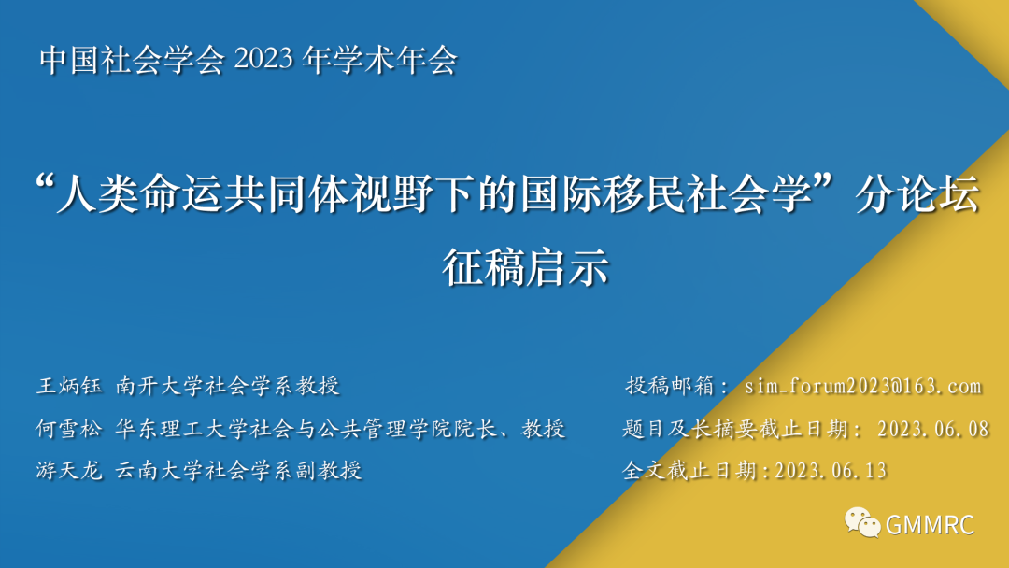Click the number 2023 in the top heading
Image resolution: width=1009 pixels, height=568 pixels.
pos(263,60)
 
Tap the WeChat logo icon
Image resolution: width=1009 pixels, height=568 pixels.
pos(862,522)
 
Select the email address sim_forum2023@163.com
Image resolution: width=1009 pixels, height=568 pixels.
pos(863,386)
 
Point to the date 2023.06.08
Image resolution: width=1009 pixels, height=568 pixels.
pos(933,429)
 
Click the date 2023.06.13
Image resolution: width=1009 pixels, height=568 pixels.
pos(831,471)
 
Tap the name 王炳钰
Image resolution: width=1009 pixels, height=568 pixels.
pos(69,386)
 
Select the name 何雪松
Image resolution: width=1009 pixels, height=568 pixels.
pos(69,429)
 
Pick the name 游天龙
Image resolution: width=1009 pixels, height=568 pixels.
pos(69,471)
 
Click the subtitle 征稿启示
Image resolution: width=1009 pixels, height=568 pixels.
pos(525,268)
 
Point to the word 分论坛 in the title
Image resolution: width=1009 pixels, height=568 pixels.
pos(917,193)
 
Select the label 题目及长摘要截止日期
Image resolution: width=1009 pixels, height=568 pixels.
pos(734,429)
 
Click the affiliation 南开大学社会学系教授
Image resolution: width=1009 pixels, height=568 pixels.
pos(228,386)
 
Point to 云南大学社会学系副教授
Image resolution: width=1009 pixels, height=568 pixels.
pos(239,471)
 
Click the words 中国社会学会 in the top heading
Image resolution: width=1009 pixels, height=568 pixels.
pos(133,60)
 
